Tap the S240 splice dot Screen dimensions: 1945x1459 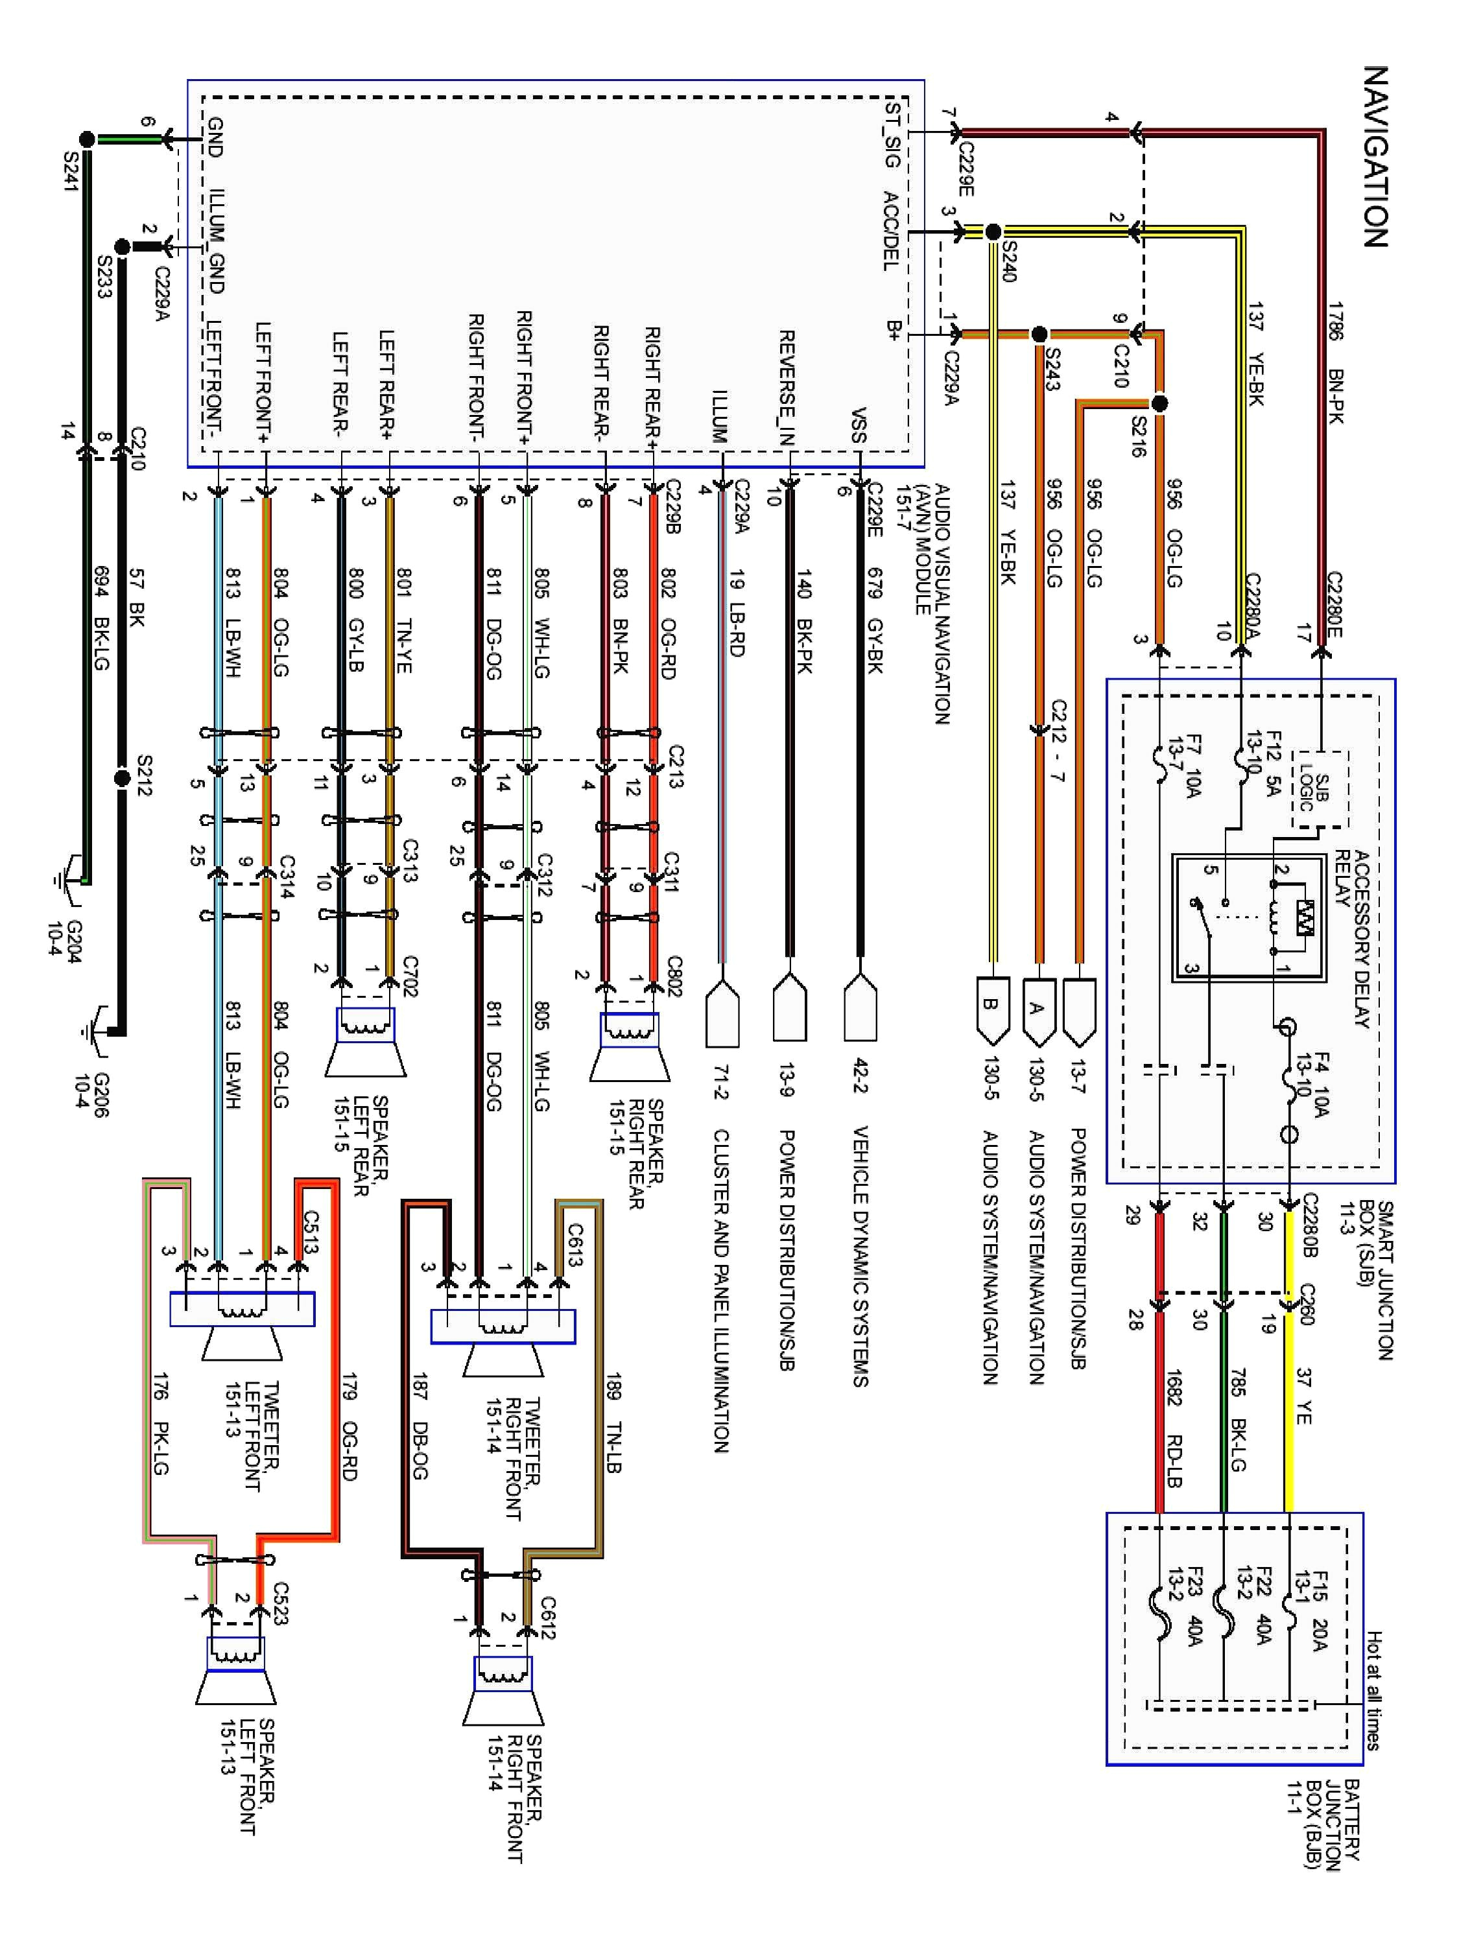(x=993, y=232)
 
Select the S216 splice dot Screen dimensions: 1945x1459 (x=1159, y=404)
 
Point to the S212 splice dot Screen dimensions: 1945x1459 (x=123, y=777)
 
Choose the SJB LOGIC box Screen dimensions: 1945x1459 (x=1319, y=789)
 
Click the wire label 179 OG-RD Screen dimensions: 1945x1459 (x=348, y=1425)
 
